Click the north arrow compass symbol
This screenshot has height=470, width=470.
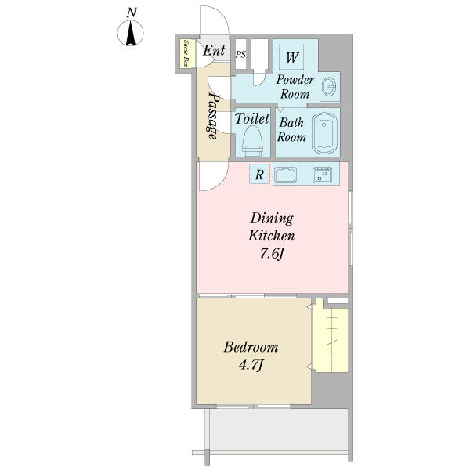click(130, 33)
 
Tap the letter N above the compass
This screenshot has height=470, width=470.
click(132, 13)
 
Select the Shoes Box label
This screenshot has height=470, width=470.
click(186, 53)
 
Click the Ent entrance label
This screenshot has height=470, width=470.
click(214, 50)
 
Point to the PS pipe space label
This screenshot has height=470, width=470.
click(240, 55)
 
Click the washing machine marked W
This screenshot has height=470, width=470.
click(291, 57)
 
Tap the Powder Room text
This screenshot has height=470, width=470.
click(295, 87)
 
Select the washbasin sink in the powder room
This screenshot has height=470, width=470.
click(330, 86)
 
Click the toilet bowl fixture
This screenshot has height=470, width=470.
click(252, 141)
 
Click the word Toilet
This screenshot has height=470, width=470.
click(251, 119)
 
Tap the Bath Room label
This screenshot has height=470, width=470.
click(291, 130)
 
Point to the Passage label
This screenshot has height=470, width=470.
click(213, 116)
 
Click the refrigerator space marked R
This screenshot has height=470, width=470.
click(259, 174)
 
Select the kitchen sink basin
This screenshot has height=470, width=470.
click(286, 175)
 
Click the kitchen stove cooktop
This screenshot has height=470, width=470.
click(322, 175)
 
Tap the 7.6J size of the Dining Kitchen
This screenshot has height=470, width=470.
click(271, 254)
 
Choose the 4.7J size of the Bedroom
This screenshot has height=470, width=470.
click(251, 365)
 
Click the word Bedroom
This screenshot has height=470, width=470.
click(251, 347)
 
